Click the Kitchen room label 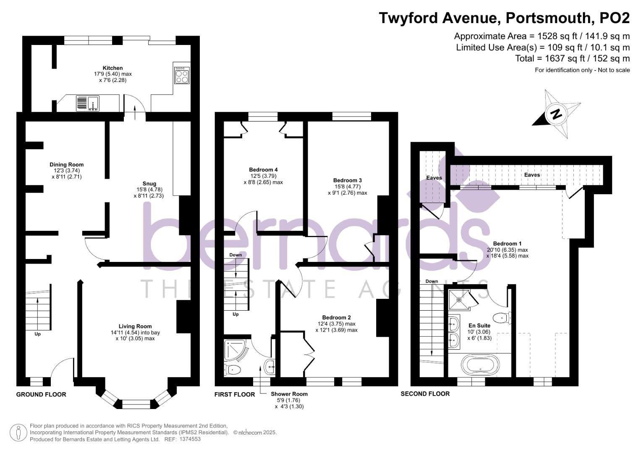(113, 68)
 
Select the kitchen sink (87, 103)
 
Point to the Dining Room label (66, 165)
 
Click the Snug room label (149, 184)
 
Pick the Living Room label (135, 326)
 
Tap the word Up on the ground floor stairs (38, 335)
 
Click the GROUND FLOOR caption (41, 394)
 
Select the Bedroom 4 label (263, 170)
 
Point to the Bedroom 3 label (347, 180)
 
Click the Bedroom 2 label (336, 318)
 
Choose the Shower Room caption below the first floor (289, 394)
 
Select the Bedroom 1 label (507, 244)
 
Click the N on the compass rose (556, 114)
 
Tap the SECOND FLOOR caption (425, 394)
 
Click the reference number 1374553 (190, 439)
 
